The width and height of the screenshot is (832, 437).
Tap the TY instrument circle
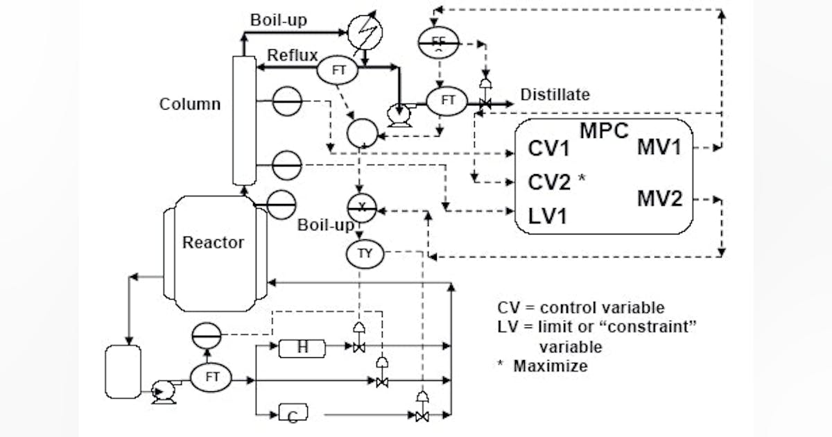pos(365,255)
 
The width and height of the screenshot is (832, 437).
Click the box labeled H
pos(302,348)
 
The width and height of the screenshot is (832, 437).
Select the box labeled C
pos(293,415)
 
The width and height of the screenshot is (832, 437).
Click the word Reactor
pos(213,243)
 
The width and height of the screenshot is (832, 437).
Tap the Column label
pos(190,104)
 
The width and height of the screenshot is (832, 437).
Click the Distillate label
pos(555,94)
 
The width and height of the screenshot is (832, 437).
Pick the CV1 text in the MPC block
pos(549,149)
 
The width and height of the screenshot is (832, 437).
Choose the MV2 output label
pos(659,200)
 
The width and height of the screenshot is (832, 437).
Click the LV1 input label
pos(548,216)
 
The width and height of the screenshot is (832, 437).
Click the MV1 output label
pos(659,147)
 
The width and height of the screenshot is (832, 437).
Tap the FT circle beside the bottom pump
pos(212,378)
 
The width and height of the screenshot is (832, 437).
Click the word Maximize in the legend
pos(550,366)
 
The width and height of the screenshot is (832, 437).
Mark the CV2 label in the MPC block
pos(549,182)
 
